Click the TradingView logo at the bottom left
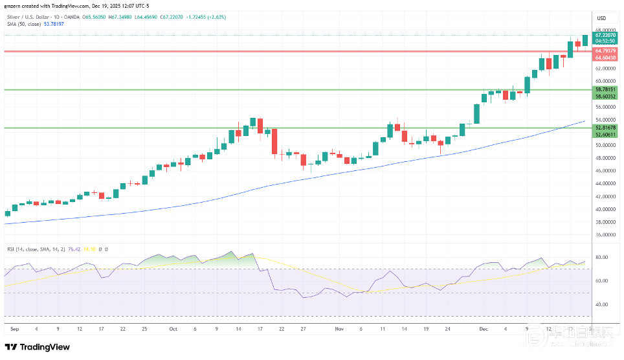coord(38,346)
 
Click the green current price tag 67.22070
coord(605,35)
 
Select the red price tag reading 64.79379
coord(605,49)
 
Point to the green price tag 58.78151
coord(605,89)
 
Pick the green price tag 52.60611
coord(605,135)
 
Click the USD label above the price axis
coord(601,17)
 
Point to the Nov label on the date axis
coord(340,329)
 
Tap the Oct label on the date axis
coord(173,329)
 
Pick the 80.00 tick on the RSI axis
coord(601,258)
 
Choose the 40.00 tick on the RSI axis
coord(601,304)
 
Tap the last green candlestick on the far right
coord(585,40)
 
